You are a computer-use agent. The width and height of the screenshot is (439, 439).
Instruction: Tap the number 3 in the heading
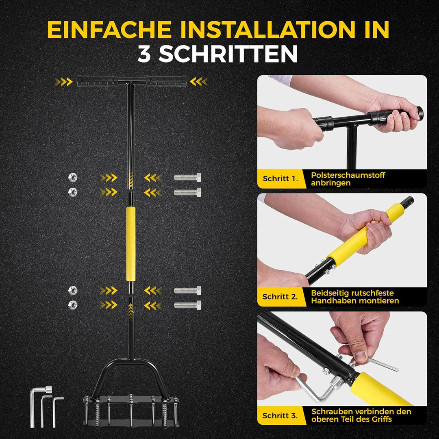144,54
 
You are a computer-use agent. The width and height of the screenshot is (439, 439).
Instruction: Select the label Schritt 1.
280,178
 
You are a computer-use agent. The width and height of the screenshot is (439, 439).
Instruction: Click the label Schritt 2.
280,297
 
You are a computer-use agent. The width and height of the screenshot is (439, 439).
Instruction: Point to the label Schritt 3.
280,415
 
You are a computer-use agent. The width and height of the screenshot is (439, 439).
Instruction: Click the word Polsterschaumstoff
348,175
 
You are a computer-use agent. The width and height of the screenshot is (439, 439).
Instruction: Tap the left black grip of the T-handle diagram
98,81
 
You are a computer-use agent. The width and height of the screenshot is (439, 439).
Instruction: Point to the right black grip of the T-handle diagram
167,81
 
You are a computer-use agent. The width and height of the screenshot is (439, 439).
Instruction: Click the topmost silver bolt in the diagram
187,177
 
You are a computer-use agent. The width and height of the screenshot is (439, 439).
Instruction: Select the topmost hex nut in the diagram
72,177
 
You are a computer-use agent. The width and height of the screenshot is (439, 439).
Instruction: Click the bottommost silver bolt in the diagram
187,305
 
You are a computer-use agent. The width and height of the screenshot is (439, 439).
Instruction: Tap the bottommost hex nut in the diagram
72,305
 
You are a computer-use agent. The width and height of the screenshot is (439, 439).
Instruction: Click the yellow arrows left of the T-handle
64,82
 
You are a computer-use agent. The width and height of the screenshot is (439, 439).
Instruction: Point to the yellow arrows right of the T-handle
199,82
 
